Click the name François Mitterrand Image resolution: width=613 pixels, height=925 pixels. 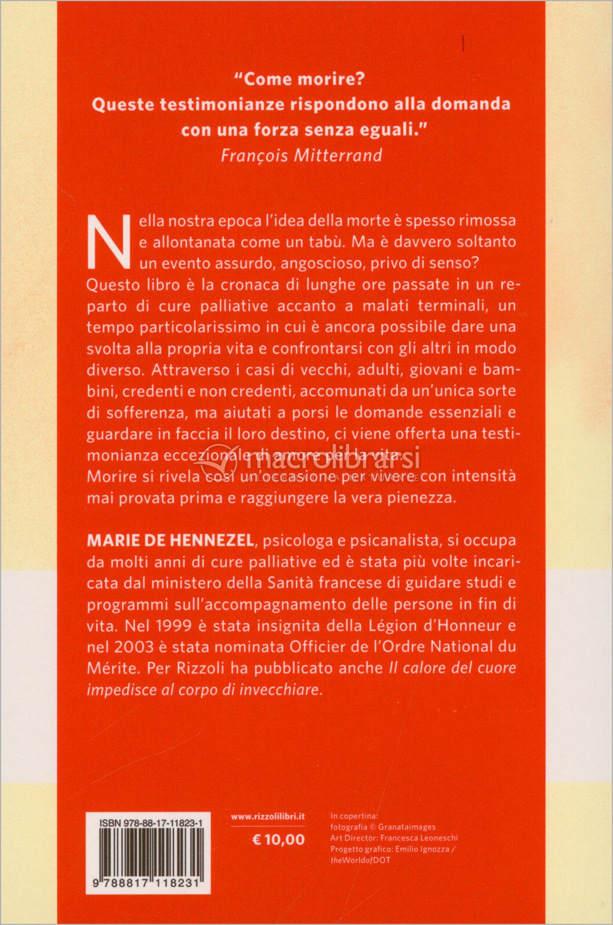tap(302, 155)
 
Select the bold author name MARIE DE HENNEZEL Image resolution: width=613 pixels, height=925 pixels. tap(170, 540)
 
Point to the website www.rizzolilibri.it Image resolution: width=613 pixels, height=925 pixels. tap(267, 816)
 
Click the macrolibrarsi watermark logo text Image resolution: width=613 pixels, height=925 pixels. tap(333, 461)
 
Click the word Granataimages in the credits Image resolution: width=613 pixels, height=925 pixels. tap(407, 827)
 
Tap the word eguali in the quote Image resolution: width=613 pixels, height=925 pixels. tap(377, 129)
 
